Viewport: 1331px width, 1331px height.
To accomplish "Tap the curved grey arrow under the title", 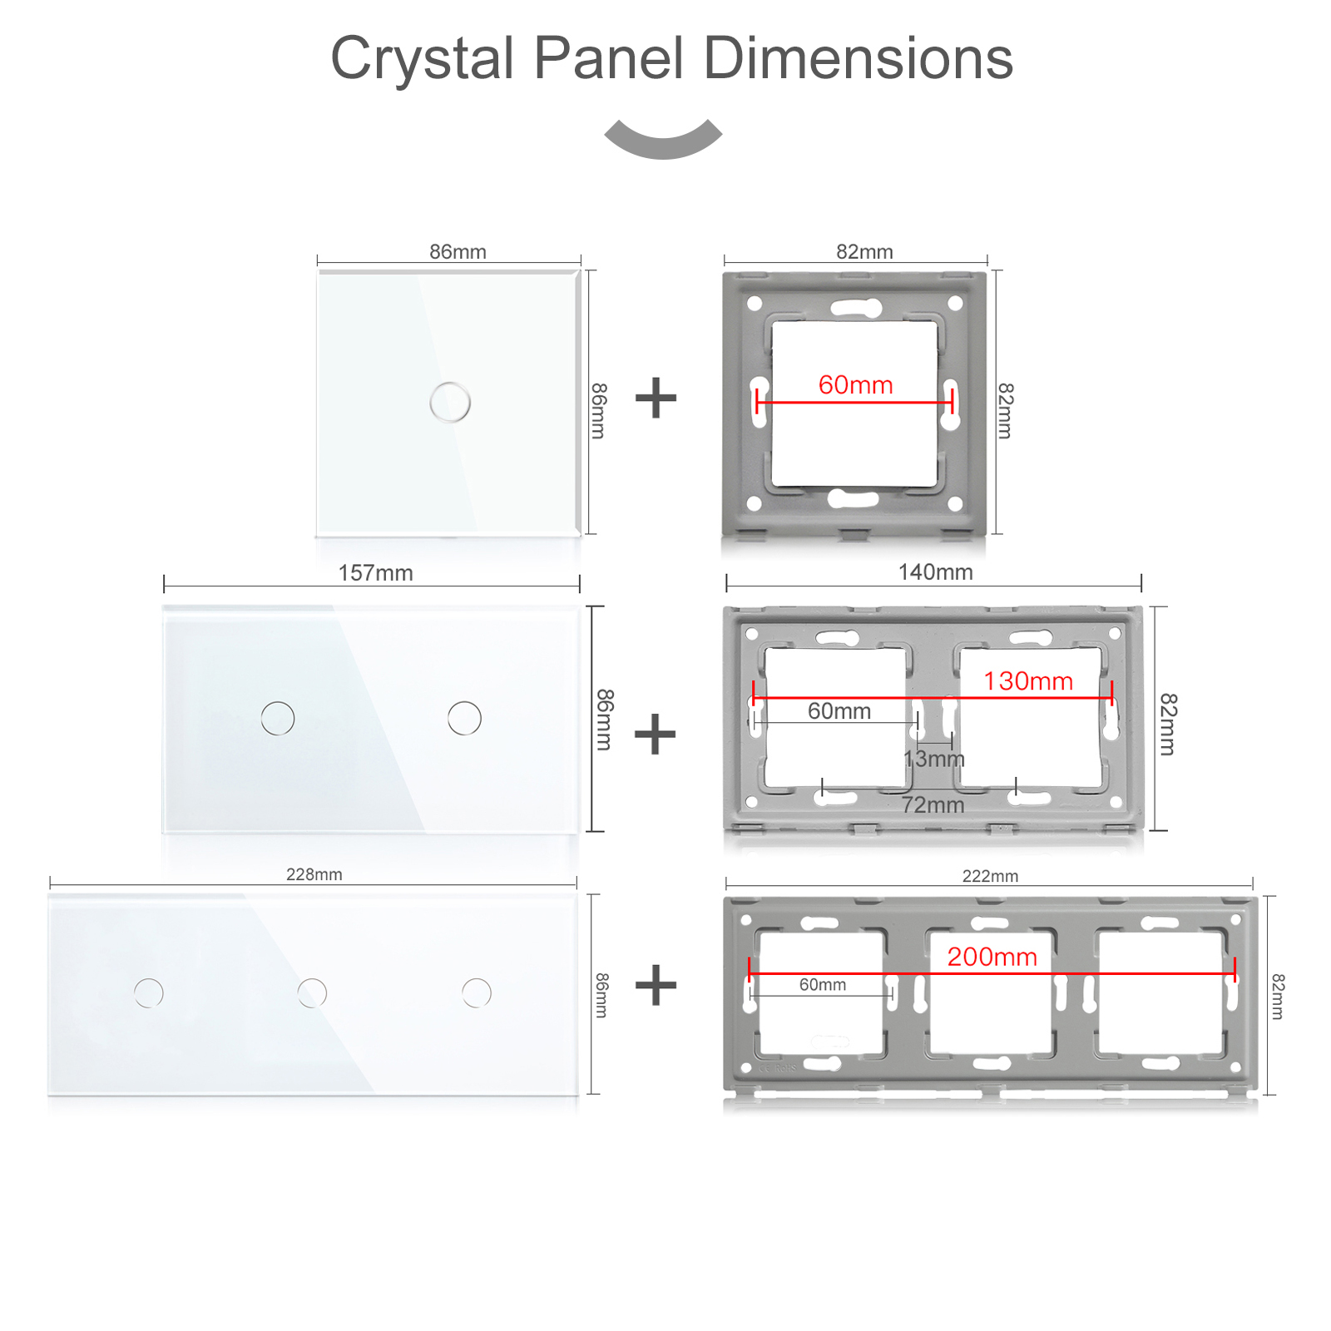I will tap(663, 139).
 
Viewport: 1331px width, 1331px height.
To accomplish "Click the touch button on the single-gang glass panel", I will tap(450, 402).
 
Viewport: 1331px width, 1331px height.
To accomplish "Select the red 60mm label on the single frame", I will tap(855, 384).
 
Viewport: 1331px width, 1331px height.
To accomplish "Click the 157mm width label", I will tap(375, 572).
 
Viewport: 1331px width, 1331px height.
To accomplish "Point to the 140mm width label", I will tap(935, 571).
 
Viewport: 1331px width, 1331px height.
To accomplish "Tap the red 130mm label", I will tap(1028, 680).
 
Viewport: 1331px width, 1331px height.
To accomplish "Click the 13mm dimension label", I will tap(933, 759).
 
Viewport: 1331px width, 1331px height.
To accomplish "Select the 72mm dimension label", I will tap(933, 804).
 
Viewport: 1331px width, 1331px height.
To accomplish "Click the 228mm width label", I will tap(314, 874).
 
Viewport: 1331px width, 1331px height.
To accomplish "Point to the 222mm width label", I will tap(990, 876).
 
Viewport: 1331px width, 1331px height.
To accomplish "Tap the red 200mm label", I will tap(992, 957).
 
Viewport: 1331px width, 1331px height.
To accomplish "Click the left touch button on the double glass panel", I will tap(278, 718).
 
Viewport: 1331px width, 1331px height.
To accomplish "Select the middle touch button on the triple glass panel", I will tap(312, 992).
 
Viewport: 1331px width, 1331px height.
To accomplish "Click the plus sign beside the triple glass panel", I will tap(656, 985).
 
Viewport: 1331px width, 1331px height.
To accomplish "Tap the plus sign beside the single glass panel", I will tap(656, 398).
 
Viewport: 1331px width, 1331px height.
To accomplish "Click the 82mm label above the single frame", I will tap(864, 251).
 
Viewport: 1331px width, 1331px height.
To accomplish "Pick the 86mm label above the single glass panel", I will tap(458, 251).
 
